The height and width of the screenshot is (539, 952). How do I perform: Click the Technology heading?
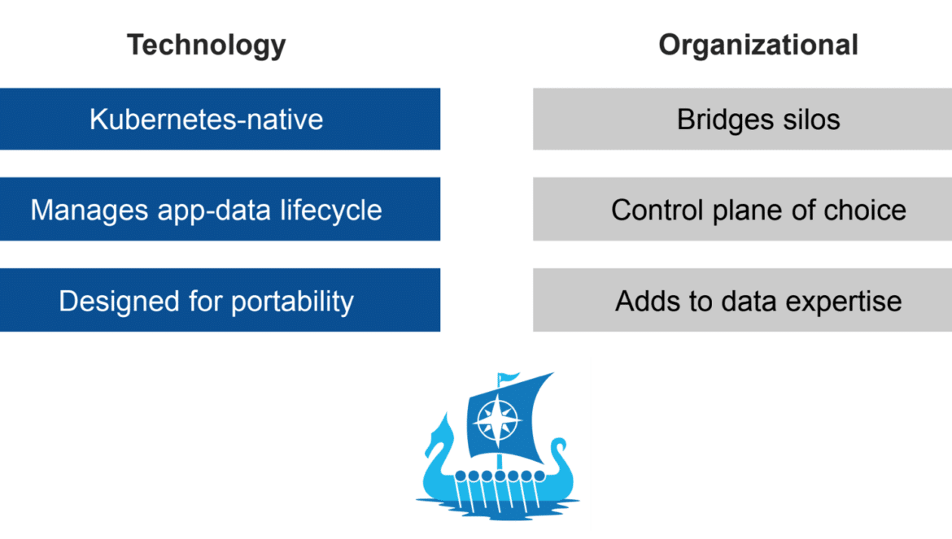click(207, 46)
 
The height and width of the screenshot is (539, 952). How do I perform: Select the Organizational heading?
click(758, 45)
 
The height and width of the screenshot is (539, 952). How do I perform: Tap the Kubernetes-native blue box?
click(220, 119)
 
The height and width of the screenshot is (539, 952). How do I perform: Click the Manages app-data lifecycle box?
click(220, 209)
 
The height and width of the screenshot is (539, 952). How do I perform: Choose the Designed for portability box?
click(220, 300)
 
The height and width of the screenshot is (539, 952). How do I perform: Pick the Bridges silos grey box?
click(743, 119)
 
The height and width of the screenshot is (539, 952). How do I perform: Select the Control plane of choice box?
click(743, 209)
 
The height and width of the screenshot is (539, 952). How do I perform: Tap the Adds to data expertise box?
click(743, 300)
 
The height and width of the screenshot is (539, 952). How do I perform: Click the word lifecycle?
click(331, 211)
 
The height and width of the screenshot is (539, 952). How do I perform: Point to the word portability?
click(292, 302)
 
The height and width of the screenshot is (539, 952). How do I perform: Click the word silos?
click(811, 120)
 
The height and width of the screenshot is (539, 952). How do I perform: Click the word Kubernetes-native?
click(207, 120)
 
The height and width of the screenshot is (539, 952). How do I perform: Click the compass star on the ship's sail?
click(497, 419)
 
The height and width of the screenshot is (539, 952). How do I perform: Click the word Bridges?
click(726, 120)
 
